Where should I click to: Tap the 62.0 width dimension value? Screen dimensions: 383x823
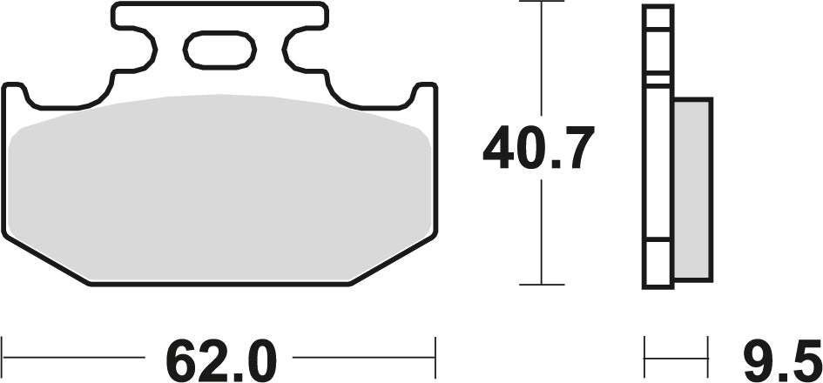pos(220,356)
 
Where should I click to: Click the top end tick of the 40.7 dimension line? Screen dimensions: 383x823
pos(542,3)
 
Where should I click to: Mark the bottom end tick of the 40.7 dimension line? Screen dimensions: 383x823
pos(542,285)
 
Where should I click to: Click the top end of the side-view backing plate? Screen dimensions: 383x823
pos(658,9)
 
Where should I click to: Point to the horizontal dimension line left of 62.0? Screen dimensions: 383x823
pos(74,357)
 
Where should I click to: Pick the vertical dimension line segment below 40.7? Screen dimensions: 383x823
pos(542,231)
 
